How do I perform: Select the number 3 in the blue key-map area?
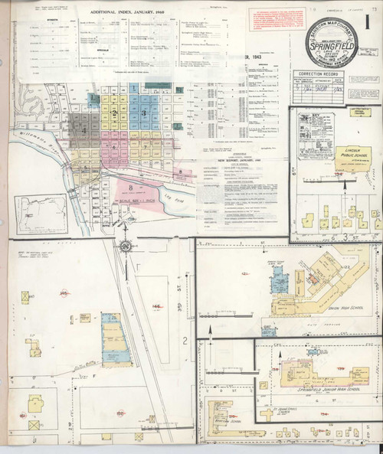[143, 113]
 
